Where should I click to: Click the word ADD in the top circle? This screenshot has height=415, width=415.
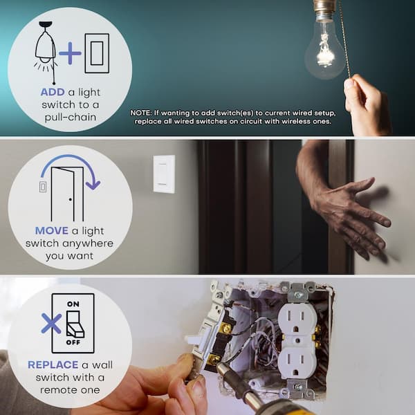click(x=53, y=92)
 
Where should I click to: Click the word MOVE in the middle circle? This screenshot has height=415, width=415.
click(x=52, y=230)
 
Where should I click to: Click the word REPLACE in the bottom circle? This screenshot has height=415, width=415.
click(x=53, y=365)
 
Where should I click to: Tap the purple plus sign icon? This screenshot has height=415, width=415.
click(x=70, y=53)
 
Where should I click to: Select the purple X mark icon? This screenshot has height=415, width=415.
click(x=51, y=324)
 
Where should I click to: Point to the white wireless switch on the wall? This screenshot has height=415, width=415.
click(x=164, y=174)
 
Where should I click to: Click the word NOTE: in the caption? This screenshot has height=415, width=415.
click(x=141, y=113)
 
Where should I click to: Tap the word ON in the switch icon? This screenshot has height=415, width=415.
click(x=73, y=304)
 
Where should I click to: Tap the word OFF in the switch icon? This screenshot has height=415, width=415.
click(x=73, y=342)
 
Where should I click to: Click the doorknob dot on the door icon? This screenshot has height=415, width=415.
click(x=70, y=199)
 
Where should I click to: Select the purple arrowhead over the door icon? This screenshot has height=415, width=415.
click(x=93, y=185)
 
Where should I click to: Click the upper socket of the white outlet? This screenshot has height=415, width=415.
click(x=297, y=321)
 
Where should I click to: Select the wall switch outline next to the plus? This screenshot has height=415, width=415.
click(x=97, y=53)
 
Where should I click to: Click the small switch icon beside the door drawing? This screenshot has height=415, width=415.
click(x=43, y=187)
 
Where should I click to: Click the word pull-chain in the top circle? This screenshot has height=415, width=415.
click(x=70, y=118)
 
